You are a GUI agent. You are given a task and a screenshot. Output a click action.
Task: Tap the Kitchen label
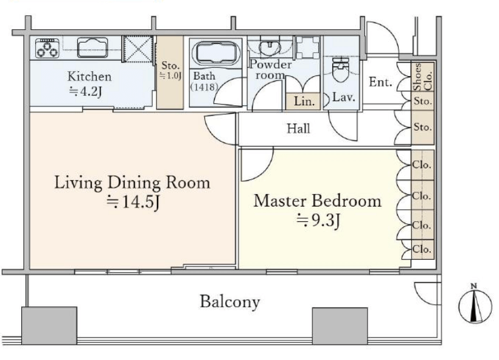[89, 77]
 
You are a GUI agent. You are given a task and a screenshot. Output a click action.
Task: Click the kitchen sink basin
[92, 46]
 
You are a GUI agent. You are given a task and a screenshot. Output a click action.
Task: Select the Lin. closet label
[303, 102]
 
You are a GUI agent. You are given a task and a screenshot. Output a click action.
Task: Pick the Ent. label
[380, 83]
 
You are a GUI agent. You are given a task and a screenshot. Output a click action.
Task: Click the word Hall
[298, 128]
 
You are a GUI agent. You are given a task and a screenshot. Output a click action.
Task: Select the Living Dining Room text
[132, 182]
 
